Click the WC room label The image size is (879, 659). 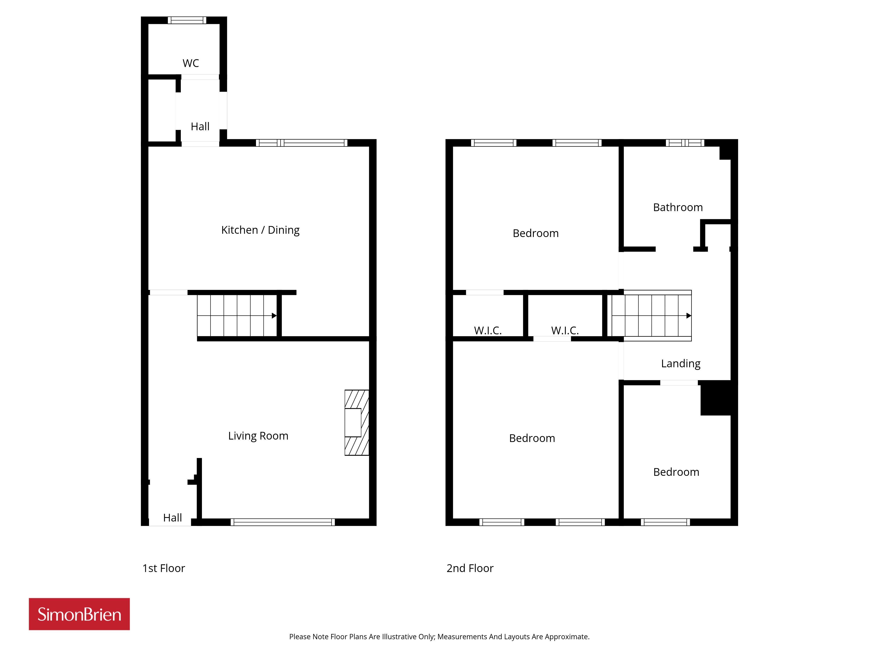point(191,63)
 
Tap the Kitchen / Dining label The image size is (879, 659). point(260,230)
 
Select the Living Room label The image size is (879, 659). point(258,436)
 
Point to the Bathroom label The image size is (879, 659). point(678,207)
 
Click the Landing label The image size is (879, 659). point(681,364)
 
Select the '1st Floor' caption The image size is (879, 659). point(164,568)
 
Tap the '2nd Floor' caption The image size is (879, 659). point(470,568)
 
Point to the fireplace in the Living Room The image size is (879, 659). point(356,423)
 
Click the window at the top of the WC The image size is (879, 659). point(187,20)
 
